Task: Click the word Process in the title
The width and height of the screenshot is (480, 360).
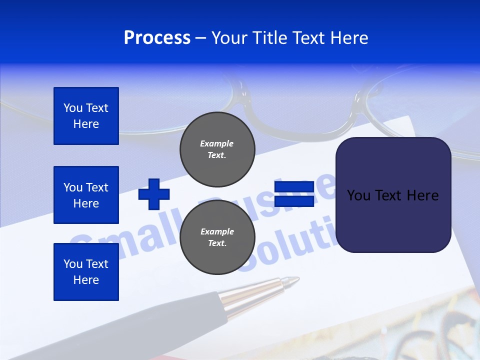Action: click(157, 38)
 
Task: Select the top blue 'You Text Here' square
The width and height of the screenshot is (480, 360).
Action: click(86, 116)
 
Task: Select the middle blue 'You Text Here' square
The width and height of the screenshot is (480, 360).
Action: click(86, 195)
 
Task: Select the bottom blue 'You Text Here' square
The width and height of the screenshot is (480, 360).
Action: click(86, 272)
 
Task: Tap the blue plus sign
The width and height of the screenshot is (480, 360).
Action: click(154, 194)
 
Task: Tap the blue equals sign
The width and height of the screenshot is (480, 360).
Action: click(294, 194)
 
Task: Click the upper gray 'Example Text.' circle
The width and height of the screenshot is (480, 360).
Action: click(217, 149)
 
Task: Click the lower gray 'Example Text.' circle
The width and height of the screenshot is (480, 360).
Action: click(217, 237)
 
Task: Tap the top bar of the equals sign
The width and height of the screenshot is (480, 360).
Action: click(294, 187)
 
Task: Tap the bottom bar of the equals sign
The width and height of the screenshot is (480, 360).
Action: click(294, 201)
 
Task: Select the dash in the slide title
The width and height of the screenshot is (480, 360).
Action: click(201, 38)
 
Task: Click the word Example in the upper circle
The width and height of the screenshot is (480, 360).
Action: click(217, 143)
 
